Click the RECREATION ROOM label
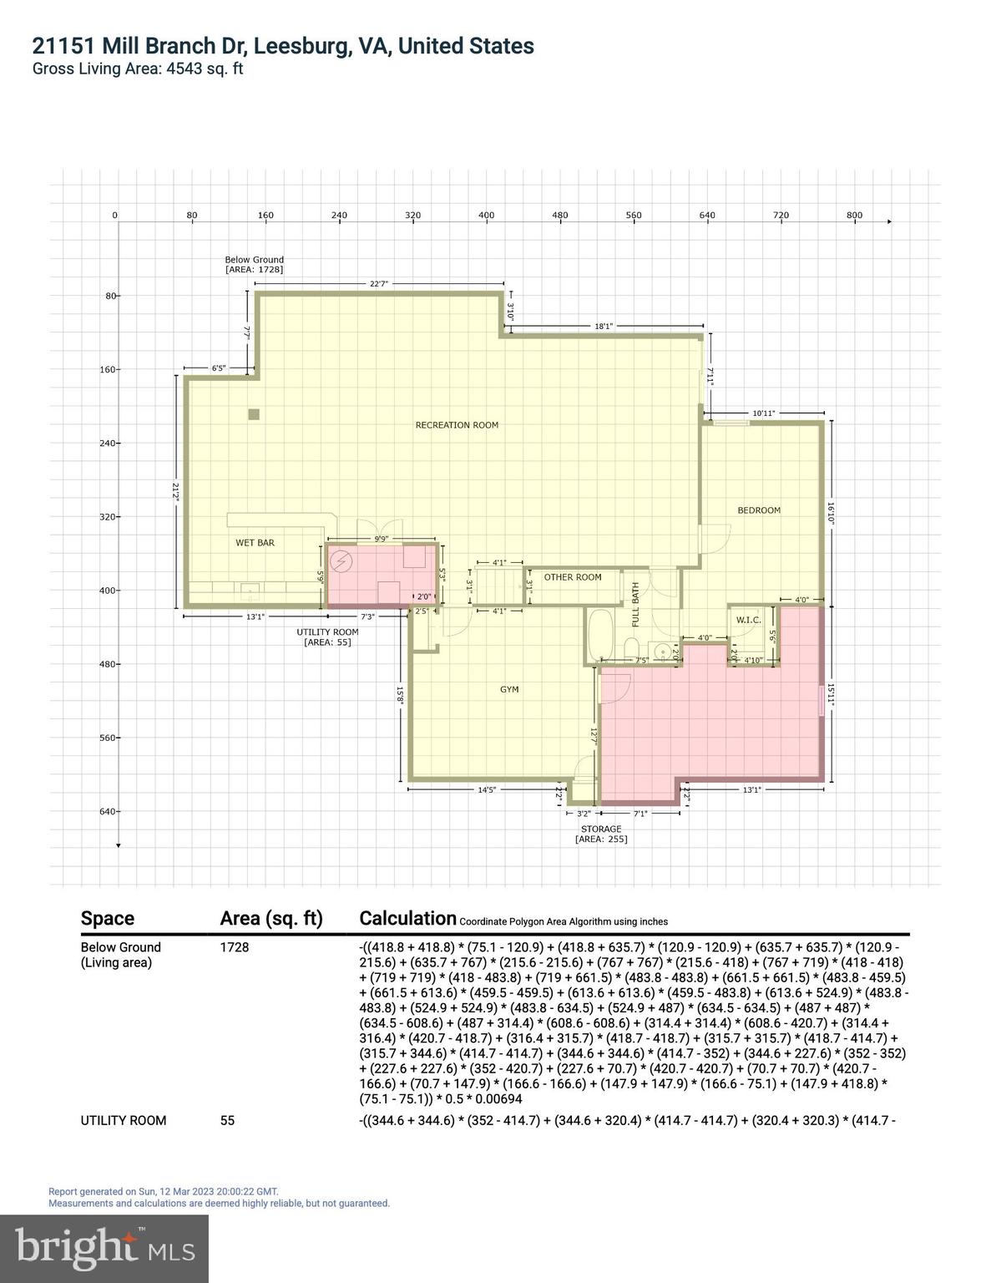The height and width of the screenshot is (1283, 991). point(457,425)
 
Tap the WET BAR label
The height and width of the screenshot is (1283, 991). point(255,543)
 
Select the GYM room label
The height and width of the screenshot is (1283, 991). point(509,690)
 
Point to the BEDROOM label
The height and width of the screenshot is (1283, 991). point(759,510)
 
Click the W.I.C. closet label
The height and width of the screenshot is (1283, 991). point(747,620)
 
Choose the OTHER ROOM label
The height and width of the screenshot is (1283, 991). point(573,577)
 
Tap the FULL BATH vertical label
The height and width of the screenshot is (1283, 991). point(635,605)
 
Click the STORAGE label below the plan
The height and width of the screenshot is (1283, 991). point(601,829)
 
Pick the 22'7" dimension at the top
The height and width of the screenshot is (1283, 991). point(379,284)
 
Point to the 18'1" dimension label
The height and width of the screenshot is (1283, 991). point(604,327)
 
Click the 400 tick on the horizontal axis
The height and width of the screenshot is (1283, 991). point(487,216)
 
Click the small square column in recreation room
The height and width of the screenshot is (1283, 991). point(254,414)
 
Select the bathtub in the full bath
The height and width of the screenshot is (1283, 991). point(599,636)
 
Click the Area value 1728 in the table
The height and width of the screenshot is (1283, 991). point(235,947)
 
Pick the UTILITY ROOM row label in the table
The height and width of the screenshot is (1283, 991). point(124,1121)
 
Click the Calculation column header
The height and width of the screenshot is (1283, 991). point(407,918)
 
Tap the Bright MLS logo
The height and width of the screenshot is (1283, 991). point(104,1249)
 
